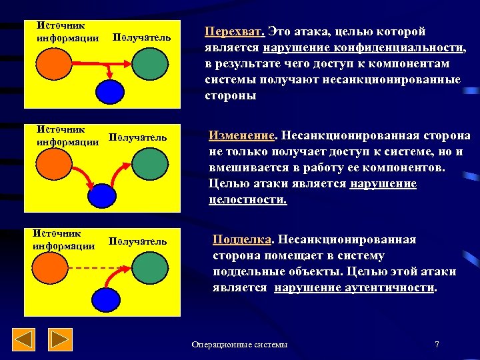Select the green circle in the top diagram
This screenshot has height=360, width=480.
(x=149, y=63)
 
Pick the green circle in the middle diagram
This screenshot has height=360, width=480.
(x=149, y=163)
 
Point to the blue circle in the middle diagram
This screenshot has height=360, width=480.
(x=102, y=195)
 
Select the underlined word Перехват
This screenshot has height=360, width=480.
(x=234, y=32)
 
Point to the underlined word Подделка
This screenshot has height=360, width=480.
(x=241, y=240)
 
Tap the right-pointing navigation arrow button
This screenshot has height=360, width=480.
(x=61, y=339)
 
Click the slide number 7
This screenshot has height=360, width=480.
(x=436, y=345)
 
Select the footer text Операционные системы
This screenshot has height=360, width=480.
(x=239, y=345)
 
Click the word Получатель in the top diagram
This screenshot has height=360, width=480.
(x=142, y=38)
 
